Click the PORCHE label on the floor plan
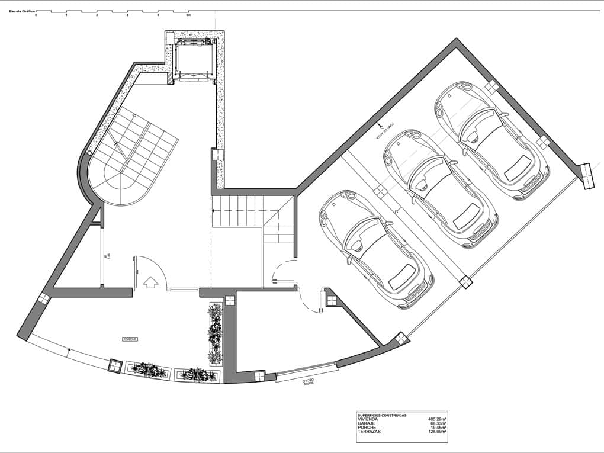point(130,339)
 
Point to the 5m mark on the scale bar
point(188,15)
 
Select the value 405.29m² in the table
point(438,419)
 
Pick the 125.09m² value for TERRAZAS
point(438,432)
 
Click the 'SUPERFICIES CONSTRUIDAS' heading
point(382,415)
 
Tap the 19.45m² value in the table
point(439,428)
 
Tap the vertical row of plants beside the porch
point(214,333)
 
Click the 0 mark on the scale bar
point(36,15)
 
